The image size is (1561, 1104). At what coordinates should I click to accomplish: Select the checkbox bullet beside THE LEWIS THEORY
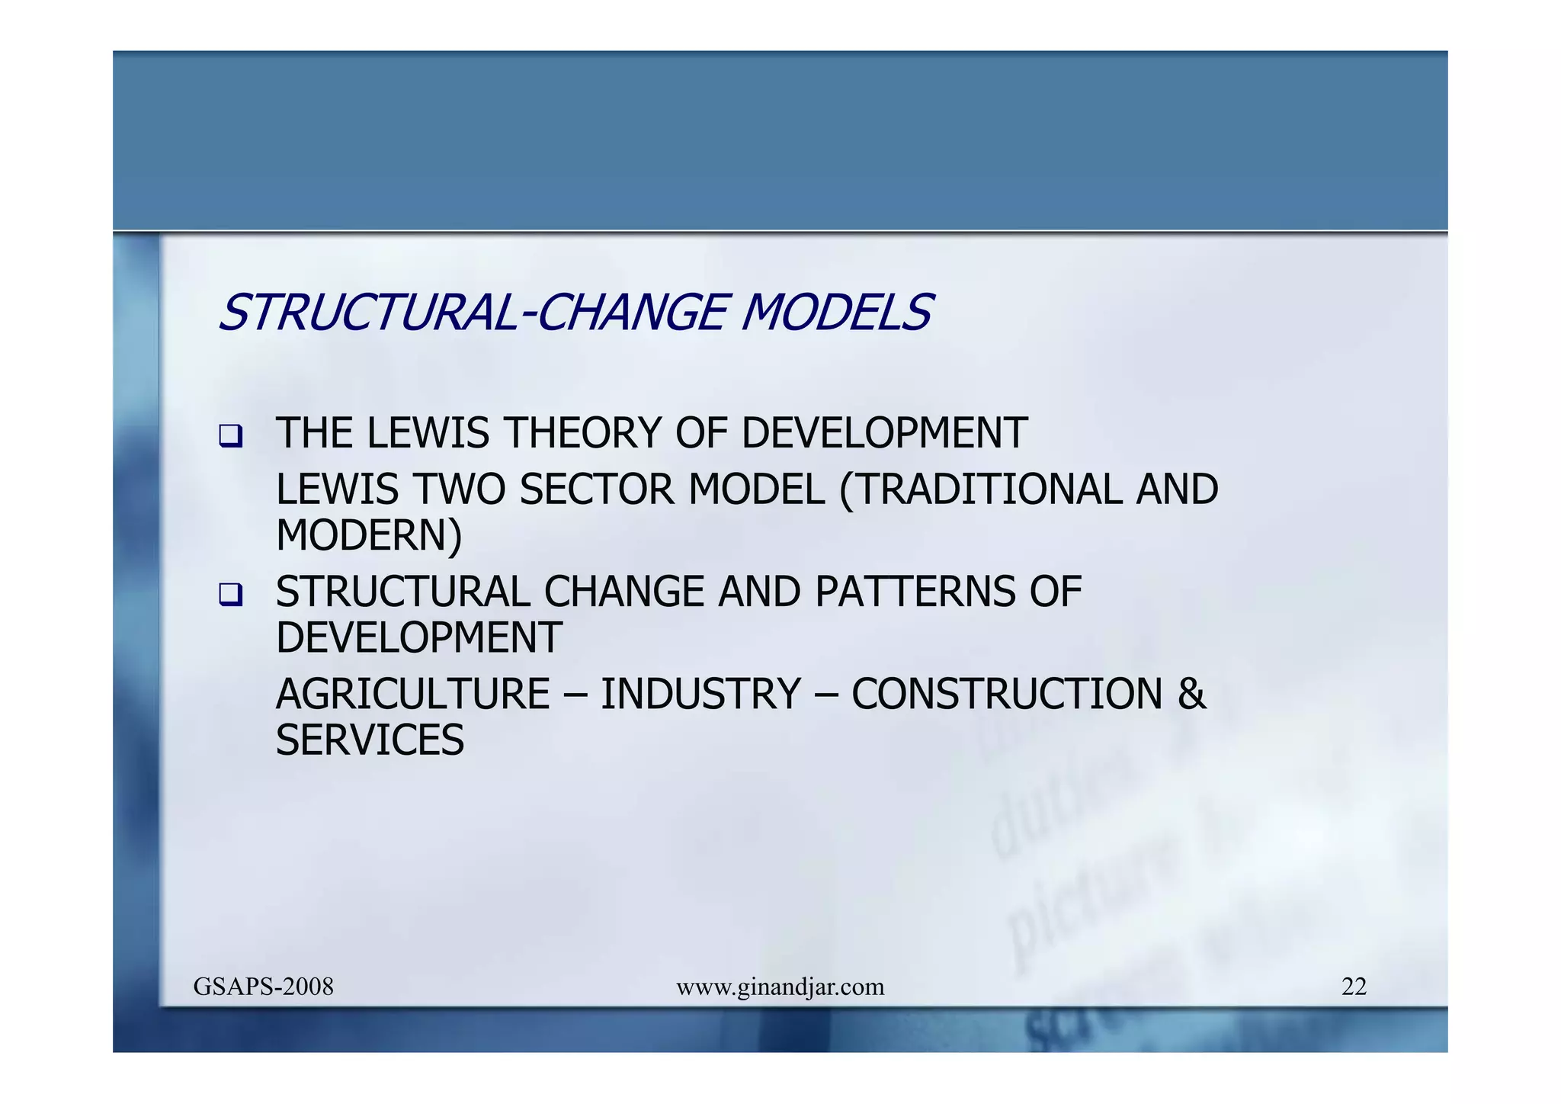tap(230, 437)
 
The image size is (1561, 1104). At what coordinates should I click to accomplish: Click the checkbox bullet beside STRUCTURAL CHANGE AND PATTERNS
tap(230, 595)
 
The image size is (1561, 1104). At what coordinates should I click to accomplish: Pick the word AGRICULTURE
tap(412, 694)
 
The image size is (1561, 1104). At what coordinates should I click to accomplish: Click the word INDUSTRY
tap(700, 694)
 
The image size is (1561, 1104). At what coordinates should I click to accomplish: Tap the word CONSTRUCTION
tap(1007, 694)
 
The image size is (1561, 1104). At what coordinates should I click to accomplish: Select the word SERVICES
tap(370, 740)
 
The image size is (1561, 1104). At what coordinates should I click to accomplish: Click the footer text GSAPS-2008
tap(264, 987)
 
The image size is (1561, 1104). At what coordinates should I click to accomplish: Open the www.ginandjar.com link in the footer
tap(780, 987)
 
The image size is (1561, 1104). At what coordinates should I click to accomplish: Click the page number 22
tap(1354, 987)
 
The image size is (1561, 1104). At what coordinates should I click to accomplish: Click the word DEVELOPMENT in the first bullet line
tap(884, 433)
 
